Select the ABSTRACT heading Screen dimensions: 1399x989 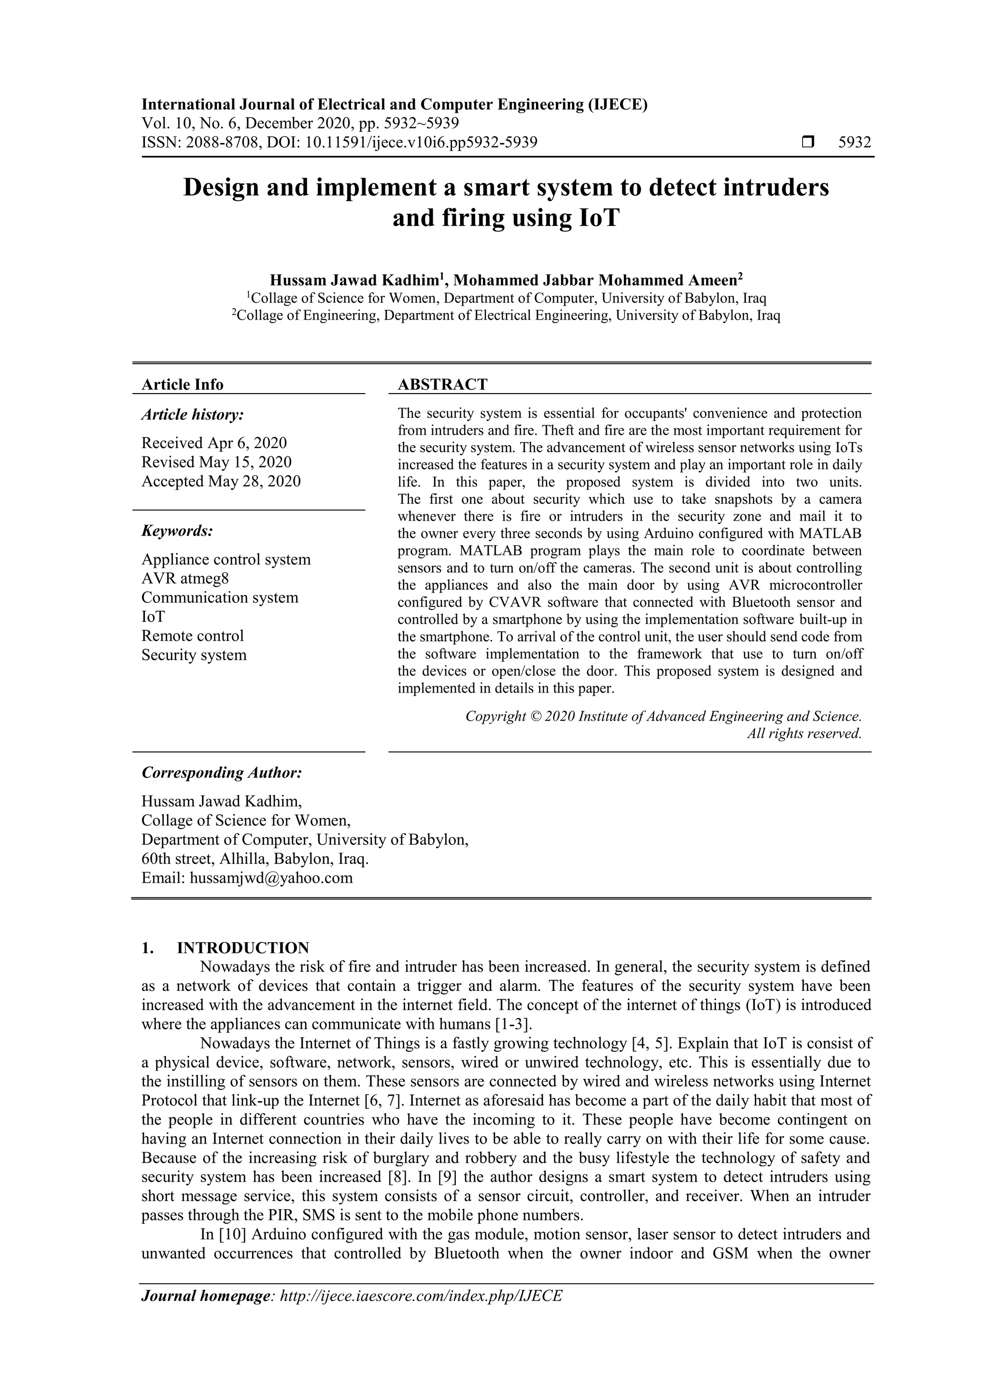coord(442,384)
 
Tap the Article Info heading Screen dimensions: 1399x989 coord(182,384)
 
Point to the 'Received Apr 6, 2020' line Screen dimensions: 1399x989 coord(214,443)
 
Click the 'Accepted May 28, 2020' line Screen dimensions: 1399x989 coord(221,481)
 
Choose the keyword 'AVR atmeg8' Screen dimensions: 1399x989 coord(185,578)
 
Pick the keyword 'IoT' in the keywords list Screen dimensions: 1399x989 coord(153,617)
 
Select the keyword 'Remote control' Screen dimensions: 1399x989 coord(193,636)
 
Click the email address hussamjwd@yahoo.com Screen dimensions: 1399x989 coord(271,878)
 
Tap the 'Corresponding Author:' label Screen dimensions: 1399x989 coord(222,773)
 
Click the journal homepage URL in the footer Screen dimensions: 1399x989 coord(421,1296)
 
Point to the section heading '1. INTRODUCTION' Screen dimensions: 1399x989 coord(226,948)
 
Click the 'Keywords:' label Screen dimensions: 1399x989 coord(177,531)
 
